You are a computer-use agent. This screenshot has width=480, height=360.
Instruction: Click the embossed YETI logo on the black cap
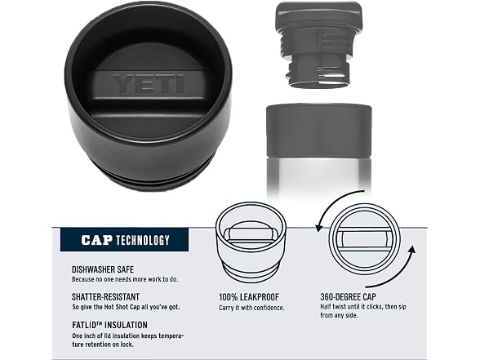(149, 83)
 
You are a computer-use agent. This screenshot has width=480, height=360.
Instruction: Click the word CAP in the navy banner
(96, 240)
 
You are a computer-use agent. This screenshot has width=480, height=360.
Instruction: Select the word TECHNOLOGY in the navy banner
(143, 240)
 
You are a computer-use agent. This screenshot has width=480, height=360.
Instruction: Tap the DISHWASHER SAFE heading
(103, 269)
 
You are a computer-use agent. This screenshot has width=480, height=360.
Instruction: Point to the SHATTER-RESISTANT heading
(105, 296)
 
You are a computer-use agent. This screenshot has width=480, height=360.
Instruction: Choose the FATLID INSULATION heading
(109, 325)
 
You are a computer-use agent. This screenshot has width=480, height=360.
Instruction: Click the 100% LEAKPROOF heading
(249, 297)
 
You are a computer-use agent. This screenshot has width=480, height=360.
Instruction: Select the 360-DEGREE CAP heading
(348, 296)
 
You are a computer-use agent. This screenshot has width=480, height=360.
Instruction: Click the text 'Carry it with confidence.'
(251, 308)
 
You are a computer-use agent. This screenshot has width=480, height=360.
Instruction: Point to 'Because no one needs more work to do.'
(125, 279)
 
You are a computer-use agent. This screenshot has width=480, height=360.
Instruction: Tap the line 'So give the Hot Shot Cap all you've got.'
(126, 307)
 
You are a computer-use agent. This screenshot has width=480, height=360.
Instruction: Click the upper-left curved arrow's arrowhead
(319, 228)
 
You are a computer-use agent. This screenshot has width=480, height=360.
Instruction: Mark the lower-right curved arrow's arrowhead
(412, 250)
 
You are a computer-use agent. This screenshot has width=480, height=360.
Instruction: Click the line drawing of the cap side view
(251, 242)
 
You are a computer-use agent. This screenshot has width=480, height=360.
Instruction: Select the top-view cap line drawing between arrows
(365, 239)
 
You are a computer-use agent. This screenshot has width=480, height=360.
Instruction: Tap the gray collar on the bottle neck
(318, 131)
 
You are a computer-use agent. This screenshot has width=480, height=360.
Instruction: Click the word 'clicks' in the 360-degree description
(373, 306)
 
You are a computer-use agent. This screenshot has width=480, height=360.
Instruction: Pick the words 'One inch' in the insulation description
(83, 336)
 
